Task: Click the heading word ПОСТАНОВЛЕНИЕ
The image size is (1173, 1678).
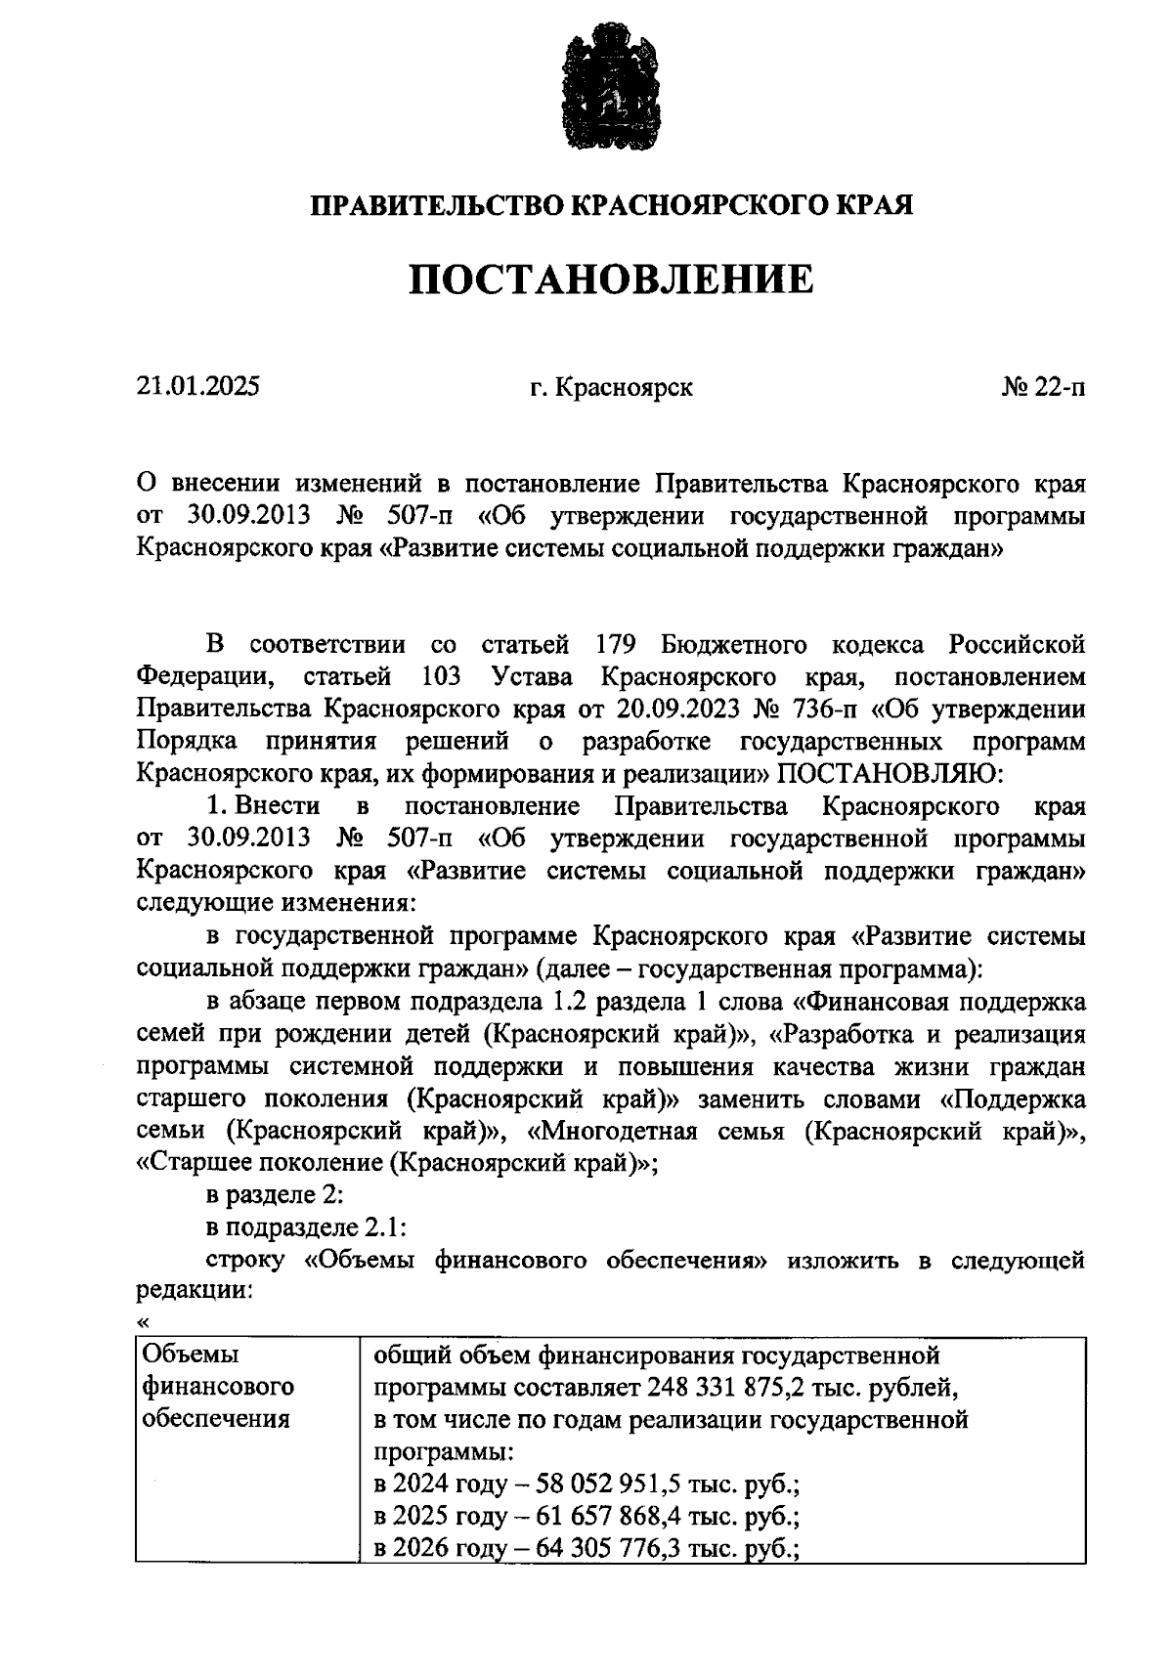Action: click(x=610, y=280)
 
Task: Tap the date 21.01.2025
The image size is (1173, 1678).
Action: click(x=198, y=387)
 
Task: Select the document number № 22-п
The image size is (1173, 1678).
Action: click(x=1043, y=387)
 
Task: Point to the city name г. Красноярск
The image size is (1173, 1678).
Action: click(x=611, y=387)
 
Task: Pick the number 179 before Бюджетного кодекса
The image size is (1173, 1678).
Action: click(x=616, y=645)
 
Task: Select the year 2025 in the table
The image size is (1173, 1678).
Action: click(x=421, y=1517)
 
